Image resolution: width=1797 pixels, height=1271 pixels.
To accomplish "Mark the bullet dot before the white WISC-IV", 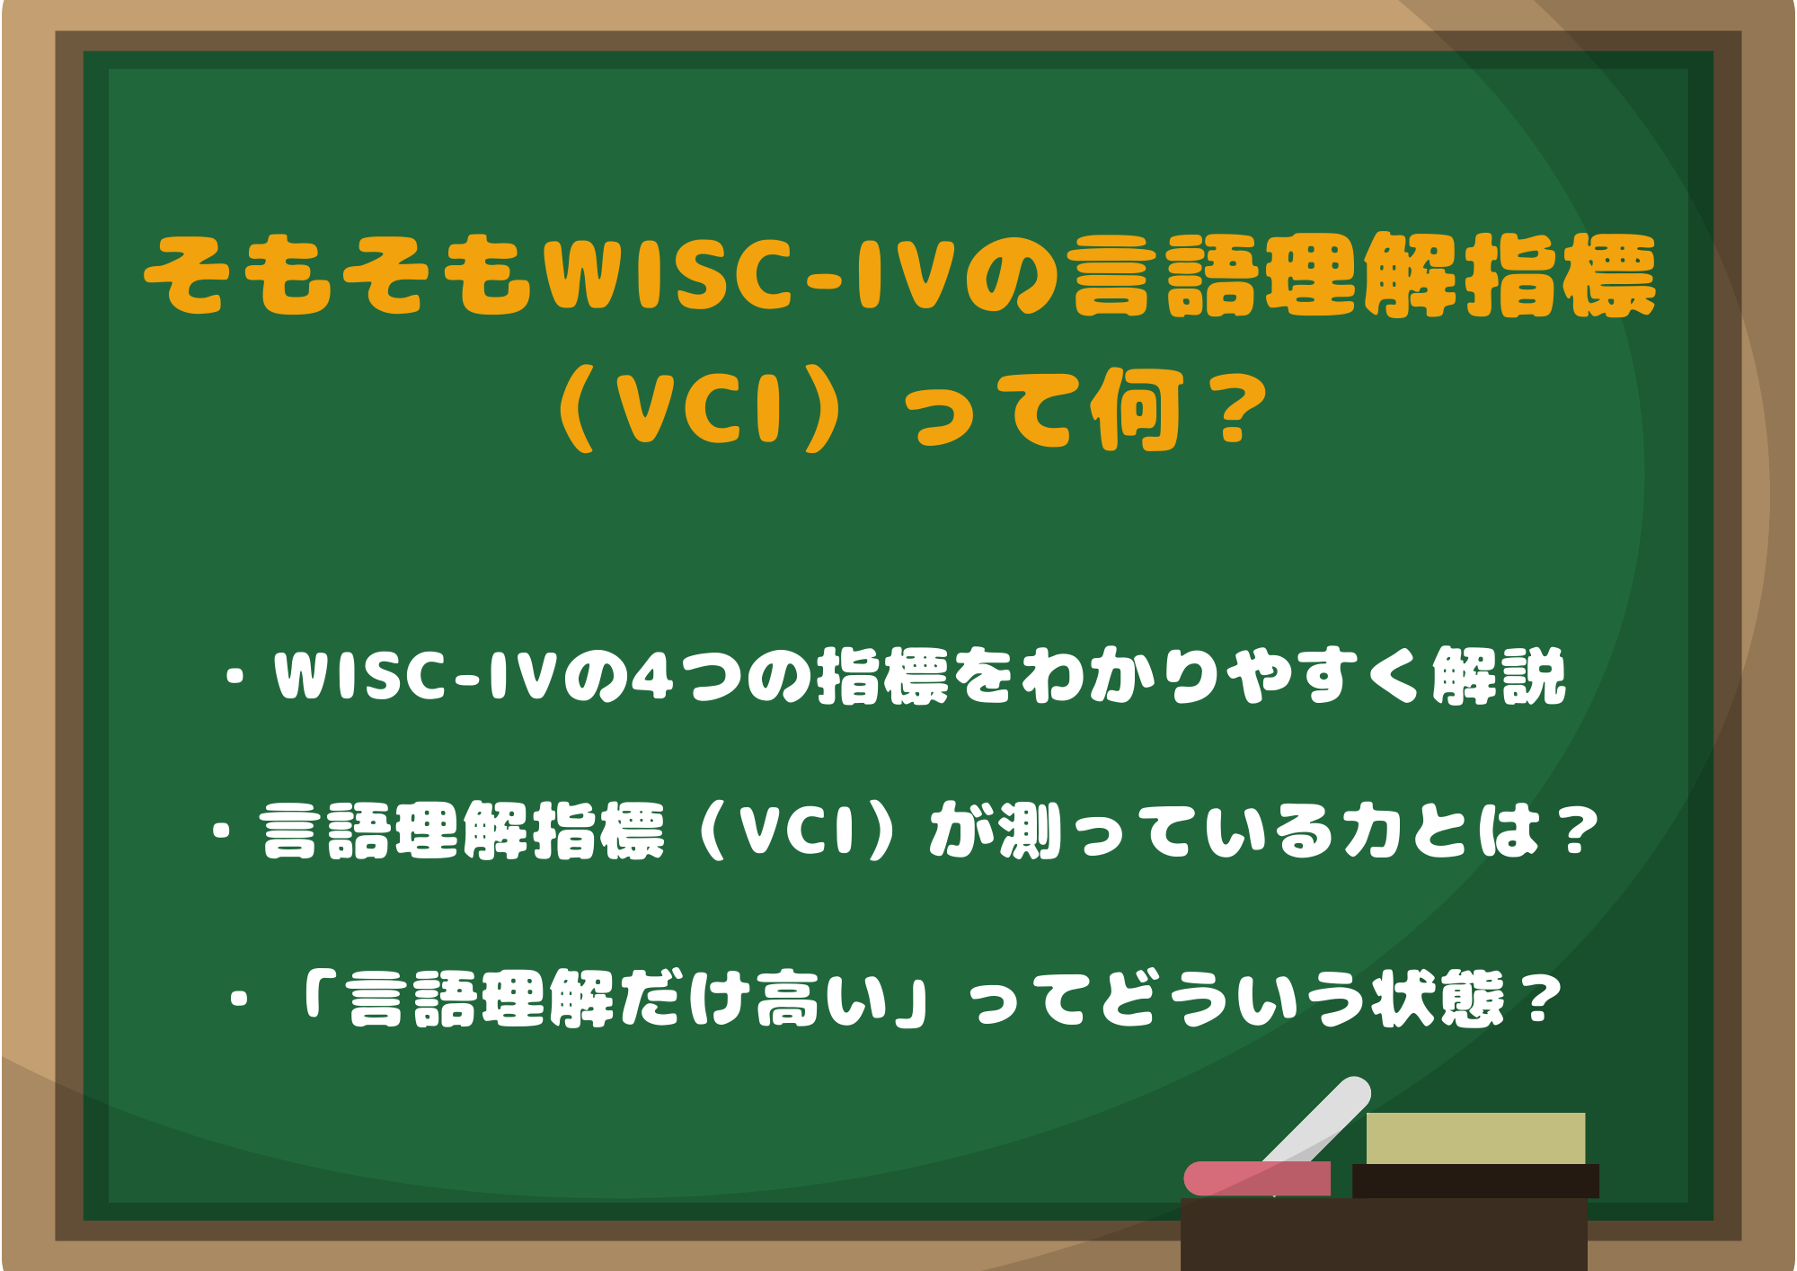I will pyautogui.click(x=236, y=679).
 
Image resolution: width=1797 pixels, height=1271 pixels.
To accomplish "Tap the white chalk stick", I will pyautogui.click(x=1321, y=1124).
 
